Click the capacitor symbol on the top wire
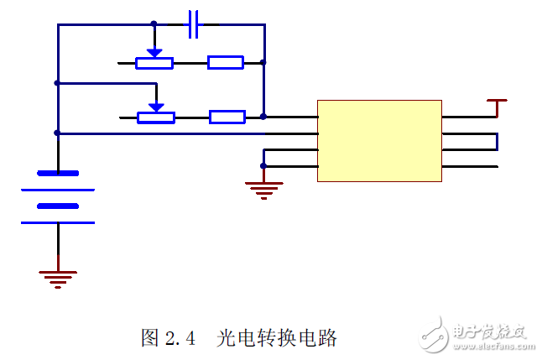pyautogui.click(x=194, y=24)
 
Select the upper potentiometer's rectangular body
pyautogui.click(x=154, y=62)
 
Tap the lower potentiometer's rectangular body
pyautogui.click(x=156, y=117)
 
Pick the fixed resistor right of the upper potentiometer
pyautogui.click(x=226, y=62)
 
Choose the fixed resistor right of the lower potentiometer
pyautogui.click(x=227, y=117)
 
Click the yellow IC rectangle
pyautogui.click(x=379, y=141)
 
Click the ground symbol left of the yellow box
pyautogui.click(x=264, y=190)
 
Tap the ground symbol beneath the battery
pyautogui.click(x=58, y=278)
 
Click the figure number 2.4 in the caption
pyautogui.click(x=180, y=338)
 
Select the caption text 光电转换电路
pyautogui.click(x=277, y=338)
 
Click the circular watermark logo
pyautogui.click(x=436, y=333)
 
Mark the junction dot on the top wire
pyautogui.click(x=154, y=24)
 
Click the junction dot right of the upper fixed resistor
pyautogui.click(x=263, y=62)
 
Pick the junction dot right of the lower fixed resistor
pyautogui.click(x=263, y=117)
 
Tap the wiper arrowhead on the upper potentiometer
pyautogui.click(x=154, y=52)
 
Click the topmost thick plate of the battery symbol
pyautogui.click(x=58, y=174)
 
